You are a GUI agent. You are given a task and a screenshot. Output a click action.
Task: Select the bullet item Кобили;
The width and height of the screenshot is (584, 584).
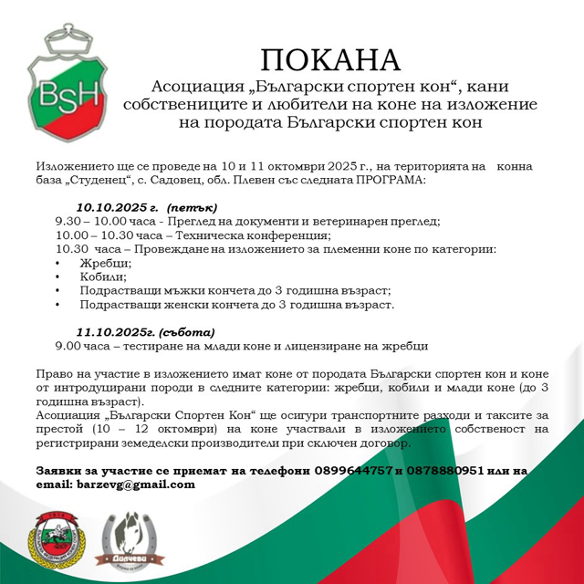click(103, 276)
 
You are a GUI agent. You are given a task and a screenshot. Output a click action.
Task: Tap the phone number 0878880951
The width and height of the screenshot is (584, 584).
click(440, 471)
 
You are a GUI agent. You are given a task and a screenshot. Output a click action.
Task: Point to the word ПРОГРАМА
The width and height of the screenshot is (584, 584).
click(388, 181)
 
